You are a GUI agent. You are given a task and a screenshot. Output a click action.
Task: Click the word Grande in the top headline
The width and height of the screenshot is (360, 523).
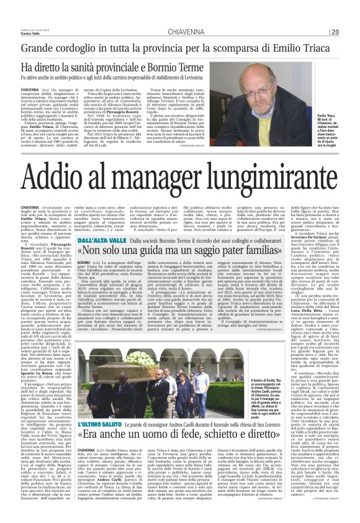point(40,48)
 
